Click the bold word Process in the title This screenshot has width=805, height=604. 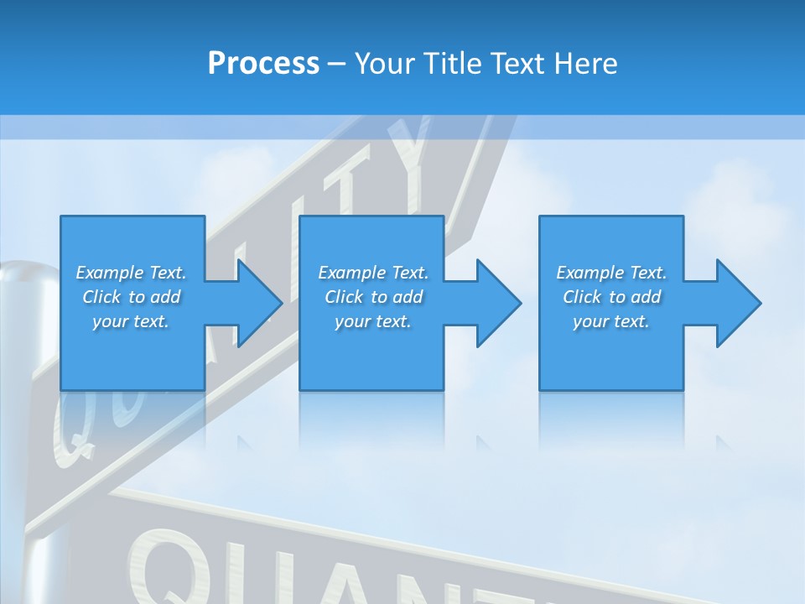pos(263,64)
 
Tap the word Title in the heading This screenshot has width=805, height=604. pos(451,64)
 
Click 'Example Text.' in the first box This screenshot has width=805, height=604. pos(131,273)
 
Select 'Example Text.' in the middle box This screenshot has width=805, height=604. pos(373,273)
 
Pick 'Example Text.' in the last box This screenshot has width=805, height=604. pos(611,273)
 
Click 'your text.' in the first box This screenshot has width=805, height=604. pos(131,321)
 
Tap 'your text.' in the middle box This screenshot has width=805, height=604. pos(373,321)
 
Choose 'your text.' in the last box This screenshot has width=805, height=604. pos(611,321)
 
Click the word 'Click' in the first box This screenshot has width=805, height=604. pos(101,297)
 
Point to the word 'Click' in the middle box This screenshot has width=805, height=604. pos(344,297)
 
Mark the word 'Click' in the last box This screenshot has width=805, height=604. pos(582,297)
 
